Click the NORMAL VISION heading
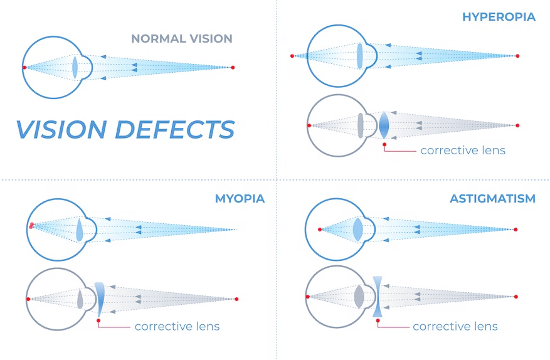181,38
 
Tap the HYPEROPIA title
499,17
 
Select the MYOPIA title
240,199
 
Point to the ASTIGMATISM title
492,199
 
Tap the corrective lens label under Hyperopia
463,151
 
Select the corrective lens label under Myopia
177,327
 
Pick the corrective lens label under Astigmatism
455,327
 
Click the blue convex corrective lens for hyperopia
384,125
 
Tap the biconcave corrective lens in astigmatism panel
378,297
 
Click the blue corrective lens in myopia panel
100,299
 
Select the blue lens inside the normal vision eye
75,67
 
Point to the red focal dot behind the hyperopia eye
292,56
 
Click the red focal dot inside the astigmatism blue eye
320,230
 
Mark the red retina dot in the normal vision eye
24,67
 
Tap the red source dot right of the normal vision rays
233,67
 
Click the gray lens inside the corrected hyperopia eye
360,125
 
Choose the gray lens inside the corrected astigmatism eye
358,297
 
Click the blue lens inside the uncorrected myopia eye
80,230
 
